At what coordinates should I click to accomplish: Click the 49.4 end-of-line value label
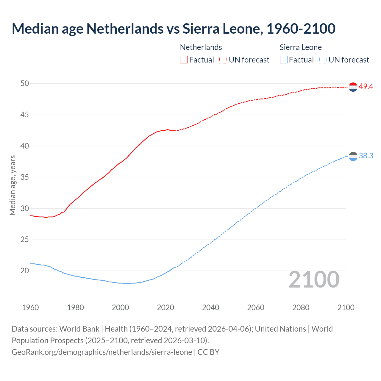pos(366,87)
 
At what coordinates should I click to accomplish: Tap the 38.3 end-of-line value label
pos(366,156)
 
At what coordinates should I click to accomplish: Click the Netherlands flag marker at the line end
pos(353,87)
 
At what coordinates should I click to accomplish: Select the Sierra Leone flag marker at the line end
pos(353,156)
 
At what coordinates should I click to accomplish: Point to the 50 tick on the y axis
pos(25,84)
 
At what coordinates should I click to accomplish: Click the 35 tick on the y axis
pos(25,177)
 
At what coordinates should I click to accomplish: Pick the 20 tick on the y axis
pos(25,271)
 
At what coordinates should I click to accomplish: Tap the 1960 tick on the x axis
pos(30,307)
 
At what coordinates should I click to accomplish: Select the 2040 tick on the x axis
pos(210,307)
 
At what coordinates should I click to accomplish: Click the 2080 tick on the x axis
pos(301,307)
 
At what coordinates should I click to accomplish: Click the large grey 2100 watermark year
pos(314,279)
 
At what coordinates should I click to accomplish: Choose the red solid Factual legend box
pos(184,60)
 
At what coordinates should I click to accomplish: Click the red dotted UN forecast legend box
pos(223,60)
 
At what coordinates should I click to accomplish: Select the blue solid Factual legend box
pos(284,60)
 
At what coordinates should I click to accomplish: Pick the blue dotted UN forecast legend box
pos(323,60)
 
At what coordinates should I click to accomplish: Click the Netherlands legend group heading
pos(201,47)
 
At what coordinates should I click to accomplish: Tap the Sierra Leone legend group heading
pos(301,47)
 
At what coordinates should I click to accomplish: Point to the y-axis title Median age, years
pos(13,185)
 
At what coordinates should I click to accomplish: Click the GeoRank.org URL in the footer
pos(102,352)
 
